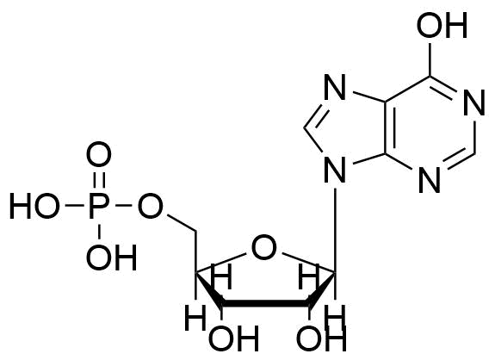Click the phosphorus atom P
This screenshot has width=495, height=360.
pyautogui.click(x=98, y=206)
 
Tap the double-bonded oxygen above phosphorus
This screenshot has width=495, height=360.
pyautogui.click(x=99, y=154)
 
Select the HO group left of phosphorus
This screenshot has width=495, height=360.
pyautogui.click(x=34, y=206)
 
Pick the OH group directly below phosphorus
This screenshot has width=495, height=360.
pyautogui.click(x=111, y=258)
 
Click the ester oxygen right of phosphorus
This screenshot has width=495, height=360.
pyautogui.click(x=150, y=206)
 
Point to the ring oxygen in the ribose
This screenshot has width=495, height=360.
pyautogui.click(x=264, y=247)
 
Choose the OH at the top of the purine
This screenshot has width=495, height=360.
pyautogui.click(x=442, y=25)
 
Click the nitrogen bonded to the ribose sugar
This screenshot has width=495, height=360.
pyautogui.click(x=335, y=171)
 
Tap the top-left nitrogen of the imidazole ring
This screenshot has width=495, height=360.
pyautogui.click(x=335, y=87)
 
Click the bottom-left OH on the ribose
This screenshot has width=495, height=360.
pyautogui.click(x=234, y=338)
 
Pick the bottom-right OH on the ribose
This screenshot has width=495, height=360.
pyautogui.click(x=321, y=338)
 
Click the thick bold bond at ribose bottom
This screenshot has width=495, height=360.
pyautogui.click(x=266, y=303)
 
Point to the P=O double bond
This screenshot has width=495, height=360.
pyautogui.click(x=99, y=181)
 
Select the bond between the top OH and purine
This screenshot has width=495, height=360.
pyautogui.click(x=430, y=59)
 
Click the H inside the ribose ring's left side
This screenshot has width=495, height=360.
pyautogui.click(x=223, y=277)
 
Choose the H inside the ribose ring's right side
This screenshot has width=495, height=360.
pyautogui.click(x=308, y=277)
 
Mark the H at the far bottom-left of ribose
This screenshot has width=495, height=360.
pyautogui.click(x=195, y=317)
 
